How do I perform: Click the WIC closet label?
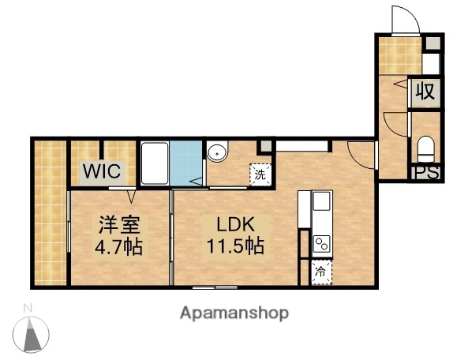click(x=102, y=171)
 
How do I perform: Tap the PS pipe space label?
click(x=425, y=174)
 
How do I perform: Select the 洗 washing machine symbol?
click(x=260, y=175)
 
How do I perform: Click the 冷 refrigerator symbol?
click(x=321, y=271)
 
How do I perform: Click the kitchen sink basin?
click(x=321, y=203)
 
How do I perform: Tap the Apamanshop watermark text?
click(x=234, y=313)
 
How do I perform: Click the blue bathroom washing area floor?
click(x=186, y=163)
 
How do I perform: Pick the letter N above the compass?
click(x=28, y=307)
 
